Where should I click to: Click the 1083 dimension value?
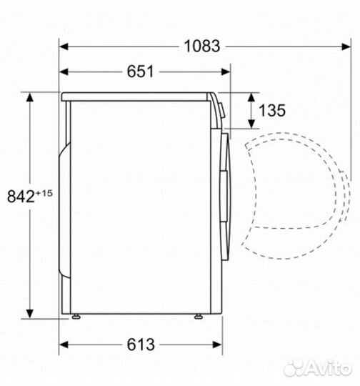click(201, 46)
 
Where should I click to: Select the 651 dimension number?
click(140, 71)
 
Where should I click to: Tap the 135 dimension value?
click(272, 110)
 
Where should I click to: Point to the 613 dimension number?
click(141, 345)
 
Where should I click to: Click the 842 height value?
click(21, 197)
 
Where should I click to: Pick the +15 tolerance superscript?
click(44, 193)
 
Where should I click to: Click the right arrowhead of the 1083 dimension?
click(346, 46)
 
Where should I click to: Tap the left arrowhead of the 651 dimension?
click(64, 72)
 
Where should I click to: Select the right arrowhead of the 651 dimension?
click(226, 72)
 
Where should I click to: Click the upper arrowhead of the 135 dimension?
click(251, 97)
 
